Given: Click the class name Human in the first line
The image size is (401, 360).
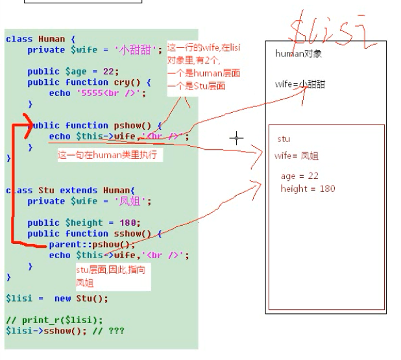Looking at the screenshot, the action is [51, 39].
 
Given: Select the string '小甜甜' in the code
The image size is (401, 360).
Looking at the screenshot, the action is [138, 50].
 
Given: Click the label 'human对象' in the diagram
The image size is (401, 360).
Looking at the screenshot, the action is [298, 54].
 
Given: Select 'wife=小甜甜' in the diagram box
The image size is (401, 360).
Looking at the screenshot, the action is [300, 84].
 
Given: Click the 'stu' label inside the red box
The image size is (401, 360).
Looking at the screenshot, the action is [284, 139].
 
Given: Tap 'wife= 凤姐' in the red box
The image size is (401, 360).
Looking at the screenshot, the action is [297, 156].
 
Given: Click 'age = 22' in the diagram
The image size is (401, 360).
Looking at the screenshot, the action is [300, 176].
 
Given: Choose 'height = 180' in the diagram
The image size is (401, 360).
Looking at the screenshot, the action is [308, 189].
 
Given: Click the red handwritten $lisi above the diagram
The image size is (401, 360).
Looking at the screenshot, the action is [331, 29].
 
